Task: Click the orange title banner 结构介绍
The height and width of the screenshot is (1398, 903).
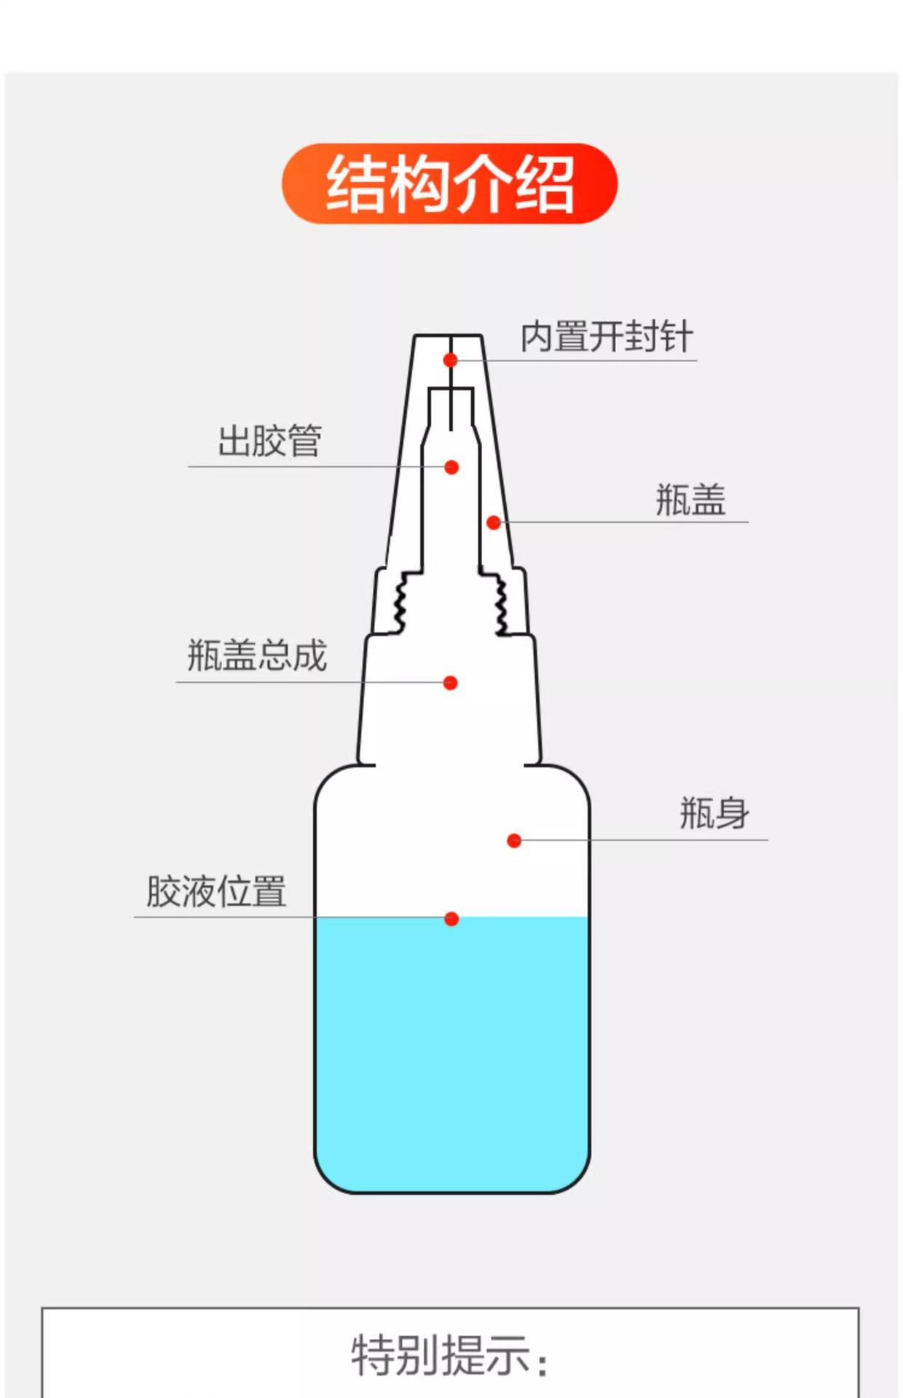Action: (449, 183)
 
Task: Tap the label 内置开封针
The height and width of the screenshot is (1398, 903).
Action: (606, 337)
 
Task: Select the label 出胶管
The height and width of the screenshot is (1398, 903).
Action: (269, 441)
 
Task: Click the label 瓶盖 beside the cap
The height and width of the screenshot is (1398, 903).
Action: (690, 500)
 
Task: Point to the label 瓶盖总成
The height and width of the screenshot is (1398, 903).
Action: (257, 655)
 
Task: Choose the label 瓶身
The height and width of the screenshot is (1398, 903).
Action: (714, 813)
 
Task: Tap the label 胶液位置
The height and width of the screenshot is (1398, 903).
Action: (216, 891)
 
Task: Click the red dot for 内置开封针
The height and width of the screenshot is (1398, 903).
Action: (451, 360)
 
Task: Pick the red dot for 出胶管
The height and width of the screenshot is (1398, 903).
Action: (451, 467)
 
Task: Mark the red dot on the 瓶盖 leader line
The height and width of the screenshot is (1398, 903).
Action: (494, 523)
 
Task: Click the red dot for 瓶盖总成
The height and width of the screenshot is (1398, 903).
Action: (451, 683)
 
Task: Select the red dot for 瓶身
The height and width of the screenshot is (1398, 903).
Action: (514, 841)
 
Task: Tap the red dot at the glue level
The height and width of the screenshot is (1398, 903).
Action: (451, 920)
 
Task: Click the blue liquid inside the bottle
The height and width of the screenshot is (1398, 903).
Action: (451, 1056)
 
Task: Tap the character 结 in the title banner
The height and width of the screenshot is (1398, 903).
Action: (355, 184)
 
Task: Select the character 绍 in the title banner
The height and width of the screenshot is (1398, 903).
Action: (545, 184)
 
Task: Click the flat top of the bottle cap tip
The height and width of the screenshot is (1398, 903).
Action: (448, 336)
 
